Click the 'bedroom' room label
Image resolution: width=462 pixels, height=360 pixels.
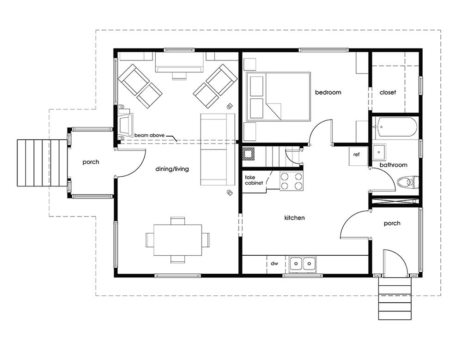pyautogui.click(x=328, y=92)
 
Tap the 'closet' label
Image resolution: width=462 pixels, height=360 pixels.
pyautogui.click(x=388, y=92)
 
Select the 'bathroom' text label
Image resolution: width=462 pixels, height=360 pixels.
pyautogui.click(x=393, y=165)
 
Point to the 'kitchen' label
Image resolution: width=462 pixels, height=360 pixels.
pyautogui.click(x=294, y=218)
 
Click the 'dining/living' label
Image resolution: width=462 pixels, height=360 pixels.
pyautogui.click(x=172, y=169)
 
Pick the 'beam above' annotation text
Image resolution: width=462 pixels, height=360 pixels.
pyautogui.click(x=149, y=135)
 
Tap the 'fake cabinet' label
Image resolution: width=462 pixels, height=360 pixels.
pyautogui.click(x=254, y=180)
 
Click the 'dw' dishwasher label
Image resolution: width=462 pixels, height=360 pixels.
pyautogui.click(x=274, y=264)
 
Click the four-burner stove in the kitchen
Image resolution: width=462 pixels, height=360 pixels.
pyautogui.click(x=291, y=181)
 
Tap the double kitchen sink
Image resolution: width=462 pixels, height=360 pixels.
pyautogui.click(x=303, y=264)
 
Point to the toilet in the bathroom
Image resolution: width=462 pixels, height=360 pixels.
pyautogui.click(x=408, y=182)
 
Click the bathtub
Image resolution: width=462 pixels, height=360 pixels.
pyautogui.click(x=395, y=127)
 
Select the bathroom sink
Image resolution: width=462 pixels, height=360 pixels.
pyautogui.click(x=379, y=152)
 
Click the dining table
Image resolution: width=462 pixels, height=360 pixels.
pyautogui.click(x=178, y=240)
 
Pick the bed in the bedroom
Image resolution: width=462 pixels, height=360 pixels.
pyautogui.click(x=279, y=96)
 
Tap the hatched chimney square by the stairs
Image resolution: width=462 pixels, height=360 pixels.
pyautogui.click(x=248, y=153)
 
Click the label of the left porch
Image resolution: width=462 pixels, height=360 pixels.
pyautogui.click(x=91, y=162)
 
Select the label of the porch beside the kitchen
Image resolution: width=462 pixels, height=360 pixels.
pyautogui.click(x=392, y=223)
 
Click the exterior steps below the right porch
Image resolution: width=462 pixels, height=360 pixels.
pyautogui.click(x=395, y=299)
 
